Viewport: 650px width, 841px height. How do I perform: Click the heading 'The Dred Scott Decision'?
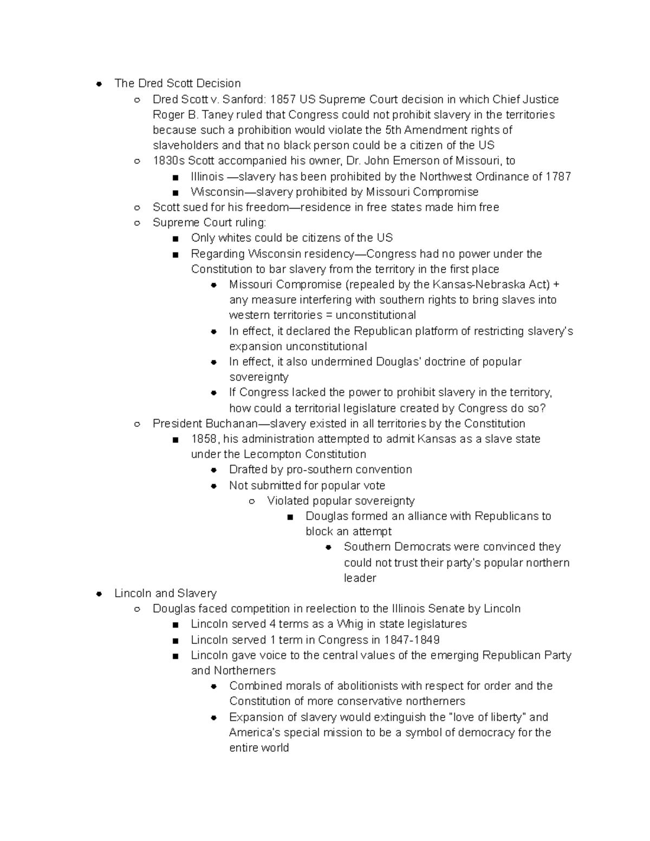(x=178, y=83)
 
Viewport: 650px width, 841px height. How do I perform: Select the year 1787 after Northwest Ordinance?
(x=558, y=177)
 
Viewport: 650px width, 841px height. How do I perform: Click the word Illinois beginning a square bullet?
(x=207, y=177)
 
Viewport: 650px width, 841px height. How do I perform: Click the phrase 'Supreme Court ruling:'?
(x=209, y=223)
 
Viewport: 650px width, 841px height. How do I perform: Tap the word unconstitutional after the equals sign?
(x=375, y=315)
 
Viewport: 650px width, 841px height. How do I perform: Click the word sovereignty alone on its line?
(x=258, y=377)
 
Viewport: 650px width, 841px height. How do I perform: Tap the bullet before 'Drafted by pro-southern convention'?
(x=214, y=470)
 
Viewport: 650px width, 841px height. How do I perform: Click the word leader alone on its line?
(x=360, y=578)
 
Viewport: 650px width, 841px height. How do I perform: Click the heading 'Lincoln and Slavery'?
(x=165, y=594)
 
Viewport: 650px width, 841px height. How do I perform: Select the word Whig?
(x=349, y=624)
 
